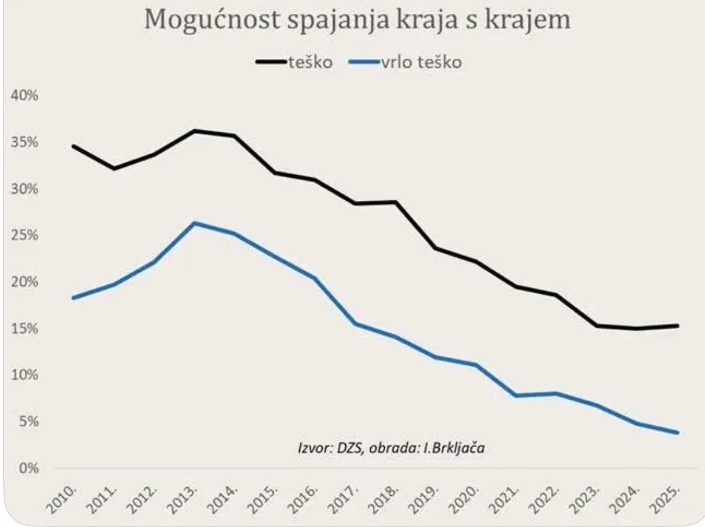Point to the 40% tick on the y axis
coord(24,96)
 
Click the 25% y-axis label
coord(24,235)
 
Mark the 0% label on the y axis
coord(27,468)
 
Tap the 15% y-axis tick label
coord(24,329)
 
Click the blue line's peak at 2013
coord(194,223)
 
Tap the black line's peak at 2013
coord(194,131)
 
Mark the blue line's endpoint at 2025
coord(677,432)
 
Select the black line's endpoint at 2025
coord(677,326)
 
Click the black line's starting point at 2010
coord(74,146)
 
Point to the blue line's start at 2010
coord(74,298)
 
